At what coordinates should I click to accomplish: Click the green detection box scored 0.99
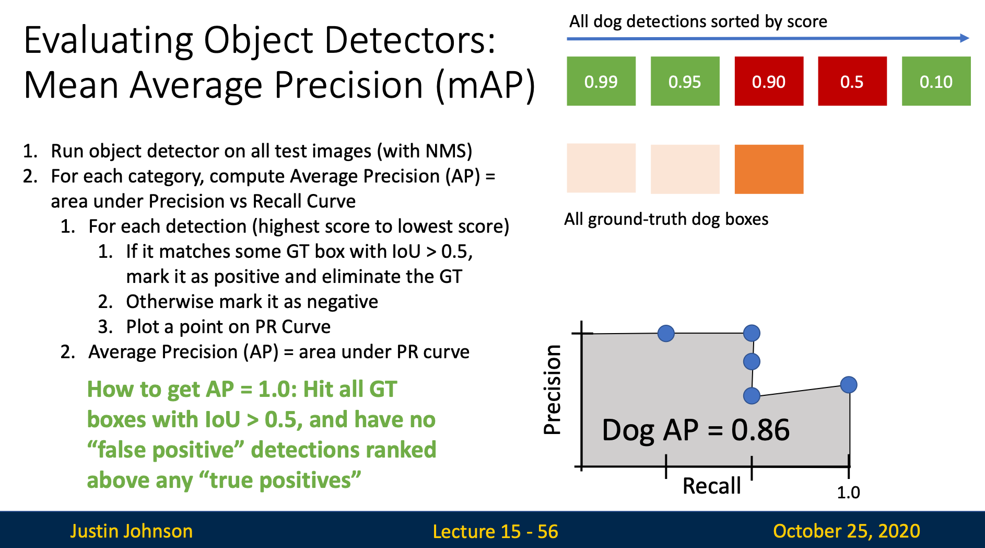601,81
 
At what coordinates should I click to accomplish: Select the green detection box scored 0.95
685,81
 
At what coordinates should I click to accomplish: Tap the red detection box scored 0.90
769,81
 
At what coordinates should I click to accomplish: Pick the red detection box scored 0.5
852,81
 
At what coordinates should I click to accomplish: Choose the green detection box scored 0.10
936,81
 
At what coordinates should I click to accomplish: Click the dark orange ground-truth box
769,169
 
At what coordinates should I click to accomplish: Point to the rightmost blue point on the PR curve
849,385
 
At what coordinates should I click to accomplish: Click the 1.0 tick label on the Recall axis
848,492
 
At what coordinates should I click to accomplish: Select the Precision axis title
553,390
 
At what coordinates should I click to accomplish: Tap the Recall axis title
711,486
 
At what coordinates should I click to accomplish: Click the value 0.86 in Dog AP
760,430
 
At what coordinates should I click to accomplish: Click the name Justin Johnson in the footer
131,531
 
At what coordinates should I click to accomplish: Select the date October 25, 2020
846,531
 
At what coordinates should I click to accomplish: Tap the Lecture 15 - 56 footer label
495,531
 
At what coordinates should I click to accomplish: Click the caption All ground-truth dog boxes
666,219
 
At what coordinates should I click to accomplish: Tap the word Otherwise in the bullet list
170,302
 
